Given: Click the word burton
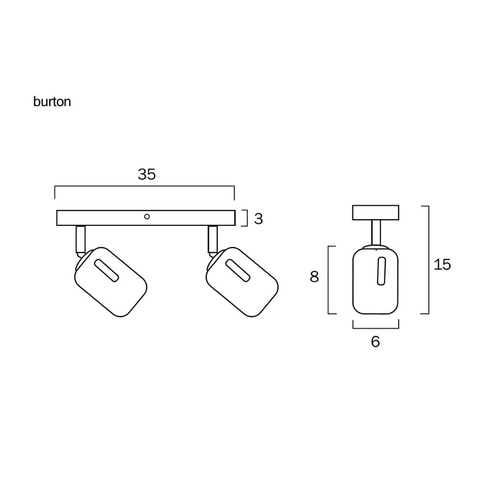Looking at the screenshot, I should click(x=52, y=102).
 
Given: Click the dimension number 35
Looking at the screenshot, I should click(x=146, y=174).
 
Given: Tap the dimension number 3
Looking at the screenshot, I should click(x=258, y=219).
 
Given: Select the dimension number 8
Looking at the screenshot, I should click(x=314, y=277).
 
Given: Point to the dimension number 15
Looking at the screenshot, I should click(x=442, y=265).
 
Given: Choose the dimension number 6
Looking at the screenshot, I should click(x=375, y=342).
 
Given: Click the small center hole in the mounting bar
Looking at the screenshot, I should click(x=146, y=216).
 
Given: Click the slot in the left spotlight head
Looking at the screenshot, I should click(x=106, y=271).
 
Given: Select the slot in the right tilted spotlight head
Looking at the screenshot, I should click(x=238, y=271).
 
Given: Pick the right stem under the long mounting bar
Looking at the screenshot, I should click(x=213, y=239).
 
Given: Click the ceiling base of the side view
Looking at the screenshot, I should click(x=376, y=212).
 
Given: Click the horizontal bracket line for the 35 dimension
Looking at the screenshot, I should click(x=144, y=187).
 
